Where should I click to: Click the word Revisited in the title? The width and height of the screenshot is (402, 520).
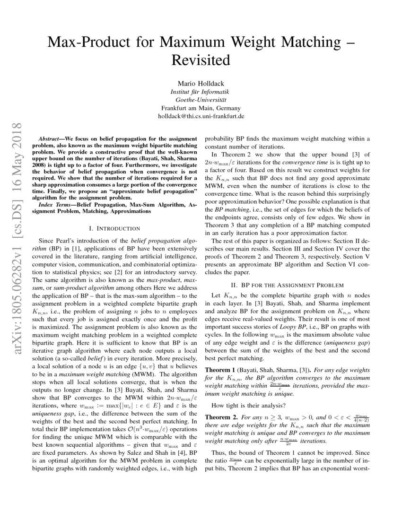(201, 61)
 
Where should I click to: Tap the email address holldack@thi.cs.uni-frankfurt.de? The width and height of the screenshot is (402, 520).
(201, 116)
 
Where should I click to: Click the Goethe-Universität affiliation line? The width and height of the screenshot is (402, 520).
(201, 99)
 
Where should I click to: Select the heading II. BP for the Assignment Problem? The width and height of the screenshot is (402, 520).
(287, 285)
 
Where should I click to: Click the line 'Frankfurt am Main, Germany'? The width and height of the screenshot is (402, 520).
(201, 108)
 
